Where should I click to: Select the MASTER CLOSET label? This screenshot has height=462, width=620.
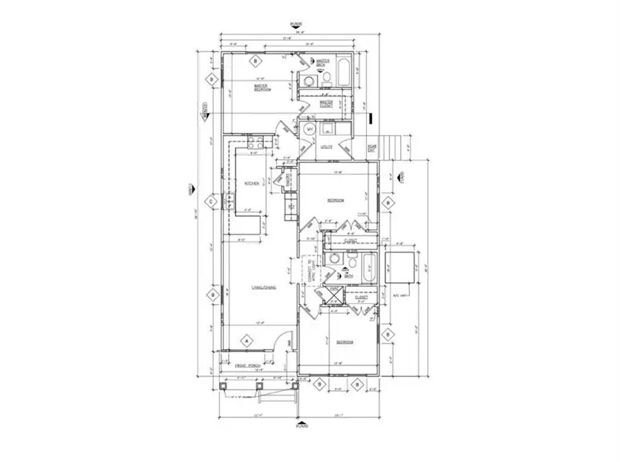click(x=326, y=104)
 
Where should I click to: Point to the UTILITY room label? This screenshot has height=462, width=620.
click(x=327, y=147)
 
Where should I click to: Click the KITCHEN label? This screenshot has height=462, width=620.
click(x=250, y=182)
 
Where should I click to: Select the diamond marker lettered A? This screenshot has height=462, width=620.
click(x=245, y=340)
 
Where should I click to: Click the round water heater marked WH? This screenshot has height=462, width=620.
click(x=309, y=129)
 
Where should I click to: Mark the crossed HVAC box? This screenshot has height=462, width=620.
click(x=332, y=295)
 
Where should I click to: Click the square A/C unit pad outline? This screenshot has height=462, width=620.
click(x=397, y=268)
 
